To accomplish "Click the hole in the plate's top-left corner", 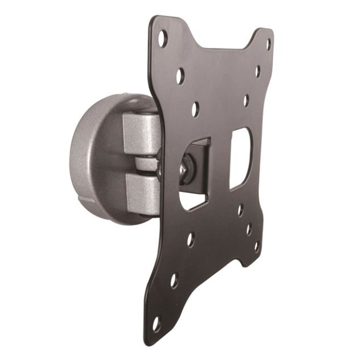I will point(162,39).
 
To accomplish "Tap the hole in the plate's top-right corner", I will point(268,45).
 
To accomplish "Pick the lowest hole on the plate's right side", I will point(256,246).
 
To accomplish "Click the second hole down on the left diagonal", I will point(180,76).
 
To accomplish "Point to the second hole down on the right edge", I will point(257,71).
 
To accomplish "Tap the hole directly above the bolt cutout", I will point(195,109).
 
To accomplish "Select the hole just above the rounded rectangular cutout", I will point(246,101).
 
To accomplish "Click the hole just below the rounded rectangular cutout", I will point(240,210).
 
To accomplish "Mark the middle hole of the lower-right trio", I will point(249,229).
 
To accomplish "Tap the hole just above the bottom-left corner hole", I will point(173,281).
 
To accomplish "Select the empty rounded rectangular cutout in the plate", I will point(239,158).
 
